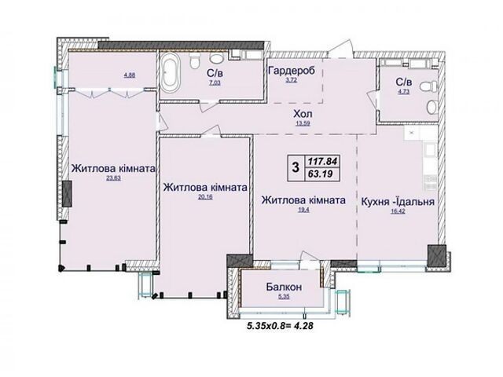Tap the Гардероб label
click(292, 70)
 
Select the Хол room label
click(303, 114)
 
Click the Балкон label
click(284, 287)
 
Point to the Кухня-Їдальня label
click(398, 202)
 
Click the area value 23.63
click(113, 178)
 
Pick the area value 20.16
click(205, 197)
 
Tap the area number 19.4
click(303, 210)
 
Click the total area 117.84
click(322, 161)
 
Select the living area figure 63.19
click(320, 174)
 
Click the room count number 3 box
click(296, 167)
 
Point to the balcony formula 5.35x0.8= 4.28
click(280, 326)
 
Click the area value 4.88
click(130, 75)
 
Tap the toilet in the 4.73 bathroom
click(428, 86)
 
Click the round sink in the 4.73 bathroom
click(432, 107)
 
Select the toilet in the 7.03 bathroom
click(195, 60)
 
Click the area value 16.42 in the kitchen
click(398, 210)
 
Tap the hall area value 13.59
click(303, 123)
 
